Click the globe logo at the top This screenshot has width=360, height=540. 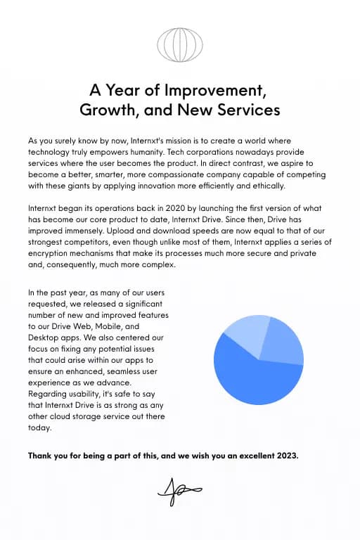tap(180, 44)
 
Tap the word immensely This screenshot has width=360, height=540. tap(65, 231)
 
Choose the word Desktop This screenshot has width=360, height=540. tap(44, 337)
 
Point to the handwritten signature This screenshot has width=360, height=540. tap(179, 491)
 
